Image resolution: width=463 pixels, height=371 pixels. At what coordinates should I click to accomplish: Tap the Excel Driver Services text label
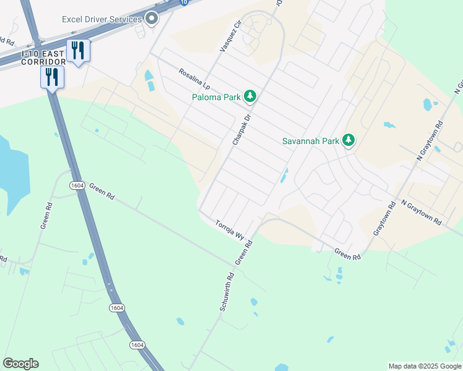(x=102, y=19)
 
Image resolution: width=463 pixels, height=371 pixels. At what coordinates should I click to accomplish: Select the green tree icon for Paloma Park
(x=250, y=96)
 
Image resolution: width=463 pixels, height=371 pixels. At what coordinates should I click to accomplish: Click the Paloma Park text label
(x=217, y=96)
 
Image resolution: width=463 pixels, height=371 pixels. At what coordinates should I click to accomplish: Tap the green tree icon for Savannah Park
(x=349, y=140)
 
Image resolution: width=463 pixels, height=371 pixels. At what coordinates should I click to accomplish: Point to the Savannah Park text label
(x=311, y=141)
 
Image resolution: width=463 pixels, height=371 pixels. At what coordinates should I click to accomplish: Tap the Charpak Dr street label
(x=241, y=129)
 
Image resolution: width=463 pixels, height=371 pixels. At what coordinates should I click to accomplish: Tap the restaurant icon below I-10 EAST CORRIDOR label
(x=52, y=77)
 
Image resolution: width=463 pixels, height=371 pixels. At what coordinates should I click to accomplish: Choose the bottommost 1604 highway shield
(x=137, y=344)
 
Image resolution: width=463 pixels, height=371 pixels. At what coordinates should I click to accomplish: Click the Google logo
(x=20, y=364)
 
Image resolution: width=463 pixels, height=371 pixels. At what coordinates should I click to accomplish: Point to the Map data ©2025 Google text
(x=425, y=366)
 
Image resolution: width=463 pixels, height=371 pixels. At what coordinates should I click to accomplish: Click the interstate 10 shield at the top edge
(x=184, y=2)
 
